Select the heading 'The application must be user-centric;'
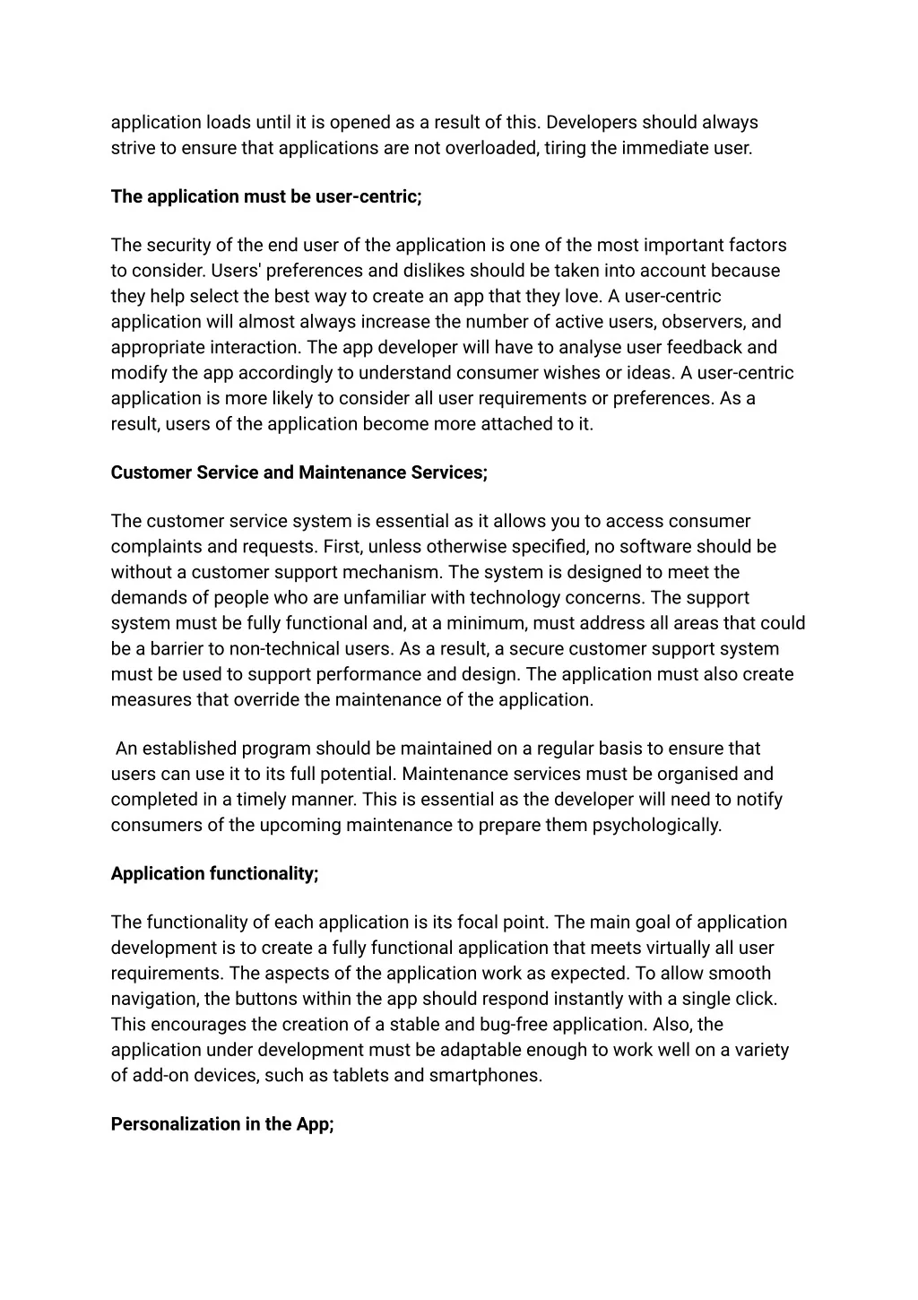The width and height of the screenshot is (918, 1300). click(x=266, y=196)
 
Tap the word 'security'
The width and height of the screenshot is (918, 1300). click(x=179, y=246)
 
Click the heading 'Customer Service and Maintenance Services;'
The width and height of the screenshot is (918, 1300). click(x=299, y=472)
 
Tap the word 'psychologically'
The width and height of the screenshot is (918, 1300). click(x=656, y=825)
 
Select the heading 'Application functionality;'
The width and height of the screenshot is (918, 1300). click(x=215, y=873)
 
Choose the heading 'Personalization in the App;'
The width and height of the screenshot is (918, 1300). click(x=222, y=1124)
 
